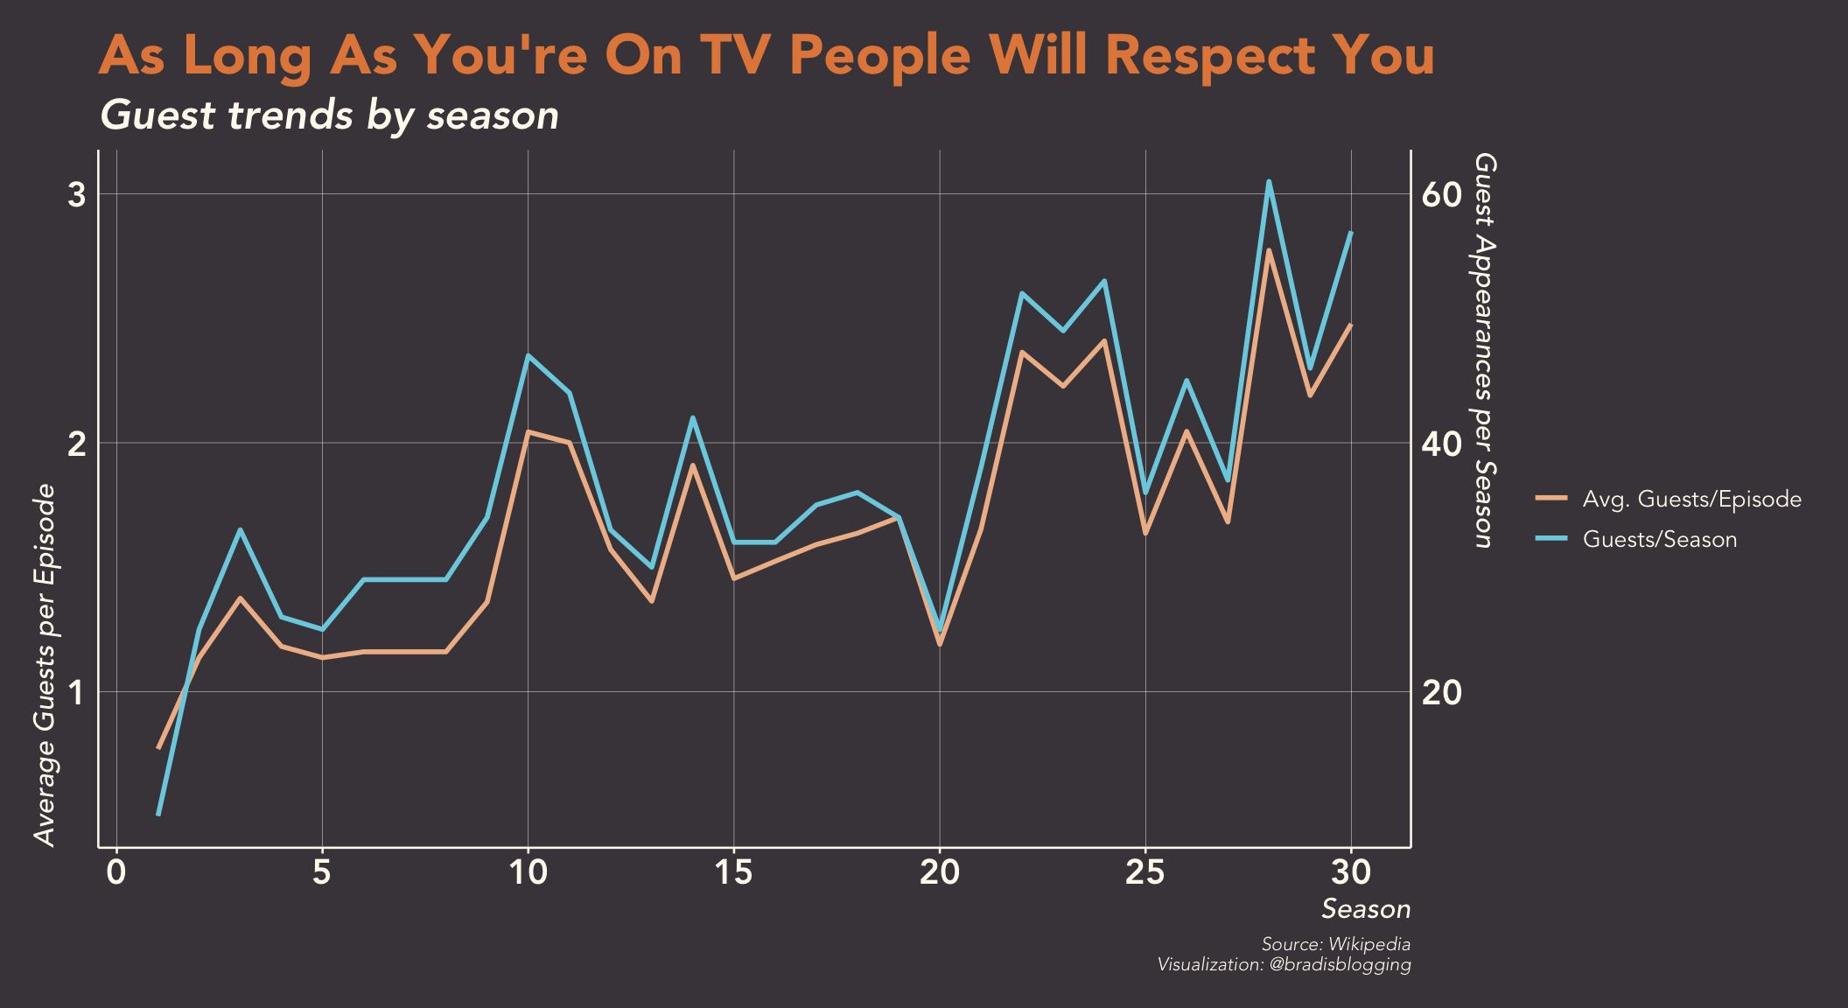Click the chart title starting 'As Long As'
766,56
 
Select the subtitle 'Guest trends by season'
329,115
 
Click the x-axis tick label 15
733,873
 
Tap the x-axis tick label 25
1144,873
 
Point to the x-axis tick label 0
116,873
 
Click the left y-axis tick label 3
77,194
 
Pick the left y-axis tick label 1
77,692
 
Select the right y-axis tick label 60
1442,194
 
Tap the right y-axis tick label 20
1442,692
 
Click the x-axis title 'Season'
1365,909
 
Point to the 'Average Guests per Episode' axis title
45,665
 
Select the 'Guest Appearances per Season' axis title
1484,350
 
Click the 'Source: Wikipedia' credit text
1335,944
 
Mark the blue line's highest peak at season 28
1269,182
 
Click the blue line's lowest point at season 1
158,815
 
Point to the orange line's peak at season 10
528,431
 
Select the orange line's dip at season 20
940,644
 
